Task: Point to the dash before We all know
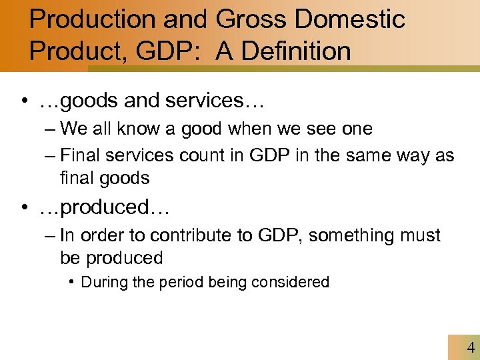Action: click(x=52, y=129)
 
